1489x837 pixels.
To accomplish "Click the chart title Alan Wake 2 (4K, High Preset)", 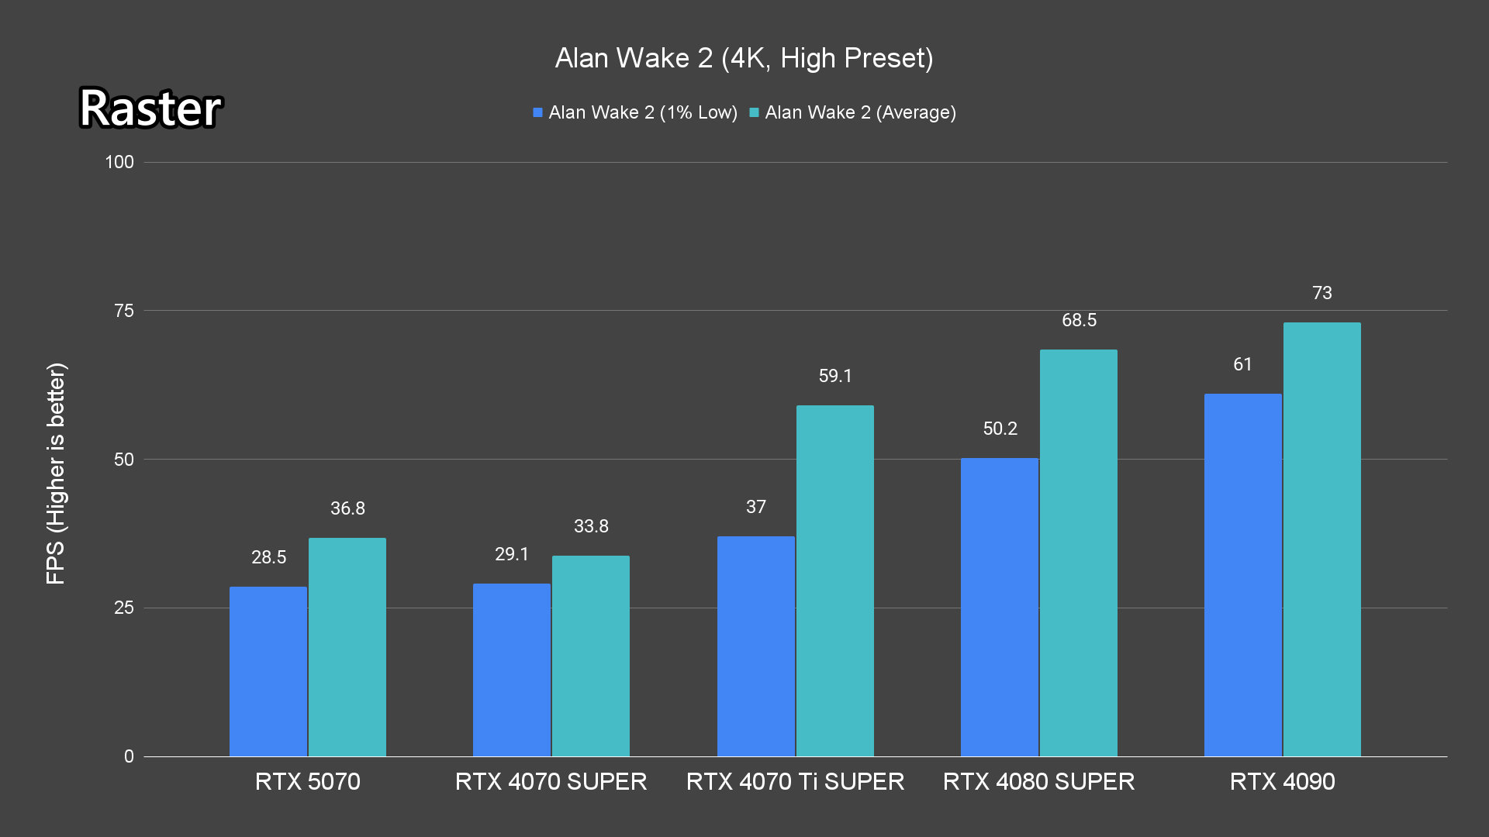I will point(744,58).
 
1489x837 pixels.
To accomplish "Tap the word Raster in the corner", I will point(150,108).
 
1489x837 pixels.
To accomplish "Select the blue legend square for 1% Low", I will point(537,113).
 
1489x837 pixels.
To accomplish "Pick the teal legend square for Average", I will point(754,113).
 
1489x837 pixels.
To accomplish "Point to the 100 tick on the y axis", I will point(119,162).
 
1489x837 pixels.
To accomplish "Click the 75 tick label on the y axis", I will point(124,311).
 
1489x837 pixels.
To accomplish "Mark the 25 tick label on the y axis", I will point(124,608).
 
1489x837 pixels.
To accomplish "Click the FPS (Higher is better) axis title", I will point(56,473).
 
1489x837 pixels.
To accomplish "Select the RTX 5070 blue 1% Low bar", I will point(268,671).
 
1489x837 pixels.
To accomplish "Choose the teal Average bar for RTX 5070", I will point(347,647).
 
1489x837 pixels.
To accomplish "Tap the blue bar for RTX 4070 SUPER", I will point(512,670).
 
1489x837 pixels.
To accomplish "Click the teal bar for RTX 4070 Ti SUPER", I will point(834,580).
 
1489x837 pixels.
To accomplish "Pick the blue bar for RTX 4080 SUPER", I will point(1000,607).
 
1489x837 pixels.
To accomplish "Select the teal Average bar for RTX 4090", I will point(1321,539).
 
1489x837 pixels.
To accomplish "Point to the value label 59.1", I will point(835,377).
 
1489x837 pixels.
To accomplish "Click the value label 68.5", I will point(1079,321).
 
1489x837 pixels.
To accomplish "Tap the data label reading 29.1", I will point(512,555).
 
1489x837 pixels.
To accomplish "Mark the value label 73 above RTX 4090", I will point(1322,294).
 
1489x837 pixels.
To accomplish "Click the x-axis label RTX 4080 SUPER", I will point(1038,781).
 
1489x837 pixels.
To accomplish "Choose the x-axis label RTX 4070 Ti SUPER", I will point(795,781).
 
